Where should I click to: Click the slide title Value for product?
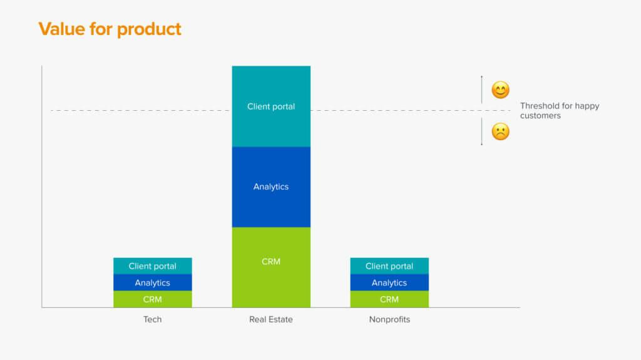point(110,29)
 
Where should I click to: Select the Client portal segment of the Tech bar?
point(153,266)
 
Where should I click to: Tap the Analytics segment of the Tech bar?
point(153,283)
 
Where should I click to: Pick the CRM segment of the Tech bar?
point(153,299)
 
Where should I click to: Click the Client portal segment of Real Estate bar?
point(271,106)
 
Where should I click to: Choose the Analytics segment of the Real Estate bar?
point(271,187)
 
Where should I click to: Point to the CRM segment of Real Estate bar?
point(271,267)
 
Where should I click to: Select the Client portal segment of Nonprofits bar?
point(389,266)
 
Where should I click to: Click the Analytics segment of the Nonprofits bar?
point(389,283)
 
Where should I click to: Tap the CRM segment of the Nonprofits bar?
point(389,299)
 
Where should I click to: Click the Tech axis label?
point(153,319)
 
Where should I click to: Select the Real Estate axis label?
point(271,319)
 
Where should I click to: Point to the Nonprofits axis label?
point(389,319)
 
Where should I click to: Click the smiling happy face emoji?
point(500,90)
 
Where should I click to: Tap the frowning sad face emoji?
point(500,131)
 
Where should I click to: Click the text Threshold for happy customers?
point(560,110)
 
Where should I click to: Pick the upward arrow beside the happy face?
point(481,89)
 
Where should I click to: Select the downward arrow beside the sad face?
point(481,131)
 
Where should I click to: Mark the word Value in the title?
point(62,29)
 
